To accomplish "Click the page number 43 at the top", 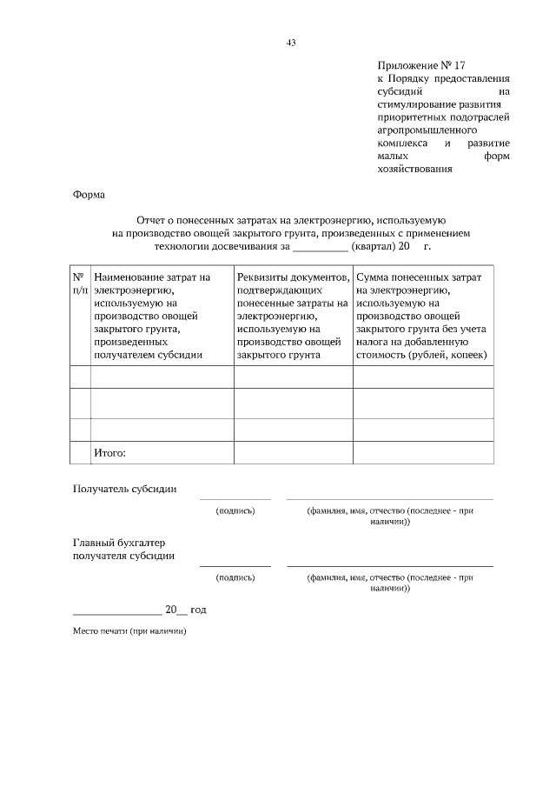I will [x=291, y=42].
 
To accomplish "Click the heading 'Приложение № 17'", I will [x=416, y=65].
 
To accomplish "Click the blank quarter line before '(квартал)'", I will [x=320, y=247].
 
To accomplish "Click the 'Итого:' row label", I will [x=109, y=453].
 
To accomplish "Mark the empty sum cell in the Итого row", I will [x=422, y=453].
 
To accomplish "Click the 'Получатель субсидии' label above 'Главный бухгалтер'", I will [x=124, y=489].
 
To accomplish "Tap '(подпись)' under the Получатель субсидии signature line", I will [x=235, y=510].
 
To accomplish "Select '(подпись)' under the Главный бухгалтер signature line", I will [x=235, y=577].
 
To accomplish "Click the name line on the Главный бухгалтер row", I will [x=389, y=565].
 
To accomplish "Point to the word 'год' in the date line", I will [x=197, y=610].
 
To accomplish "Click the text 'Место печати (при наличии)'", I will [x=129, y=631].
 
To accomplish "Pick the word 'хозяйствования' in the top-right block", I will [x=415, y=170].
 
